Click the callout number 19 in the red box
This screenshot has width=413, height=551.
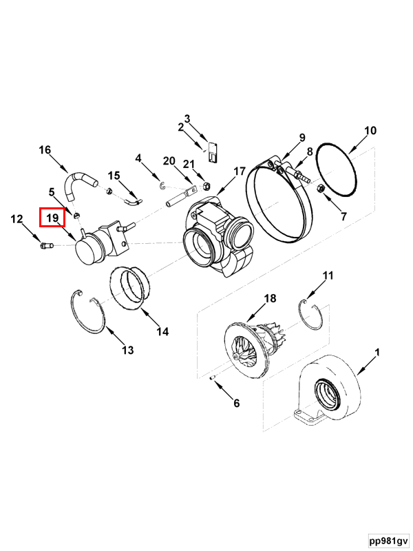click(52, 218)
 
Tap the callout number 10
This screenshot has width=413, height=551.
click(370, 131)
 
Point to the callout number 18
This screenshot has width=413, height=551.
click(270, 298)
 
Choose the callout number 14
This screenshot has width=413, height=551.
click(162, 331)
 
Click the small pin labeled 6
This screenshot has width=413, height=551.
click(213, 377)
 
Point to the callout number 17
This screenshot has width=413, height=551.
click(239, 171)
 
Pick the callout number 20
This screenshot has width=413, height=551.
click(169, 160)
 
